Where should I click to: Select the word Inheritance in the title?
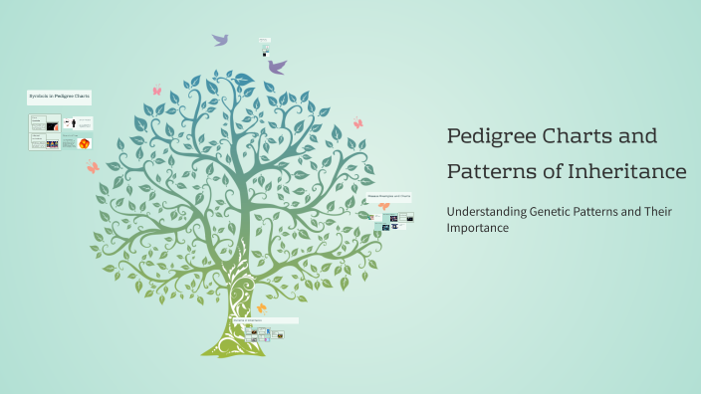tap(628, 172)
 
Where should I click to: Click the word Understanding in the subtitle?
tap(486, 211)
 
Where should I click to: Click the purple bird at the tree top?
tap(277, 67)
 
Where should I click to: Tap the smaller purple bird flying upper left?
tap(220, 40)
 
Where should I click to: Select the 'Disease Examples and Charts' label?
tap(388, 197)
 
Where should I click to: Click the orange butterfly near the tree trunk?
tap(262, 308)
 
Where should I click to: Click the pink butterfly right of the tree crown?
tap(357, 123)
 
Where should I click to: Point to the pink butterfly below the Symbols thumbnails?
tap(93, 168)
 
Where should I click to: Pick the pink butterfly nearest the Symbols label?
tap(156, 91)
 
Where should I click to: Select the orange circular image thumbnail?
tap(85, 143)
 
